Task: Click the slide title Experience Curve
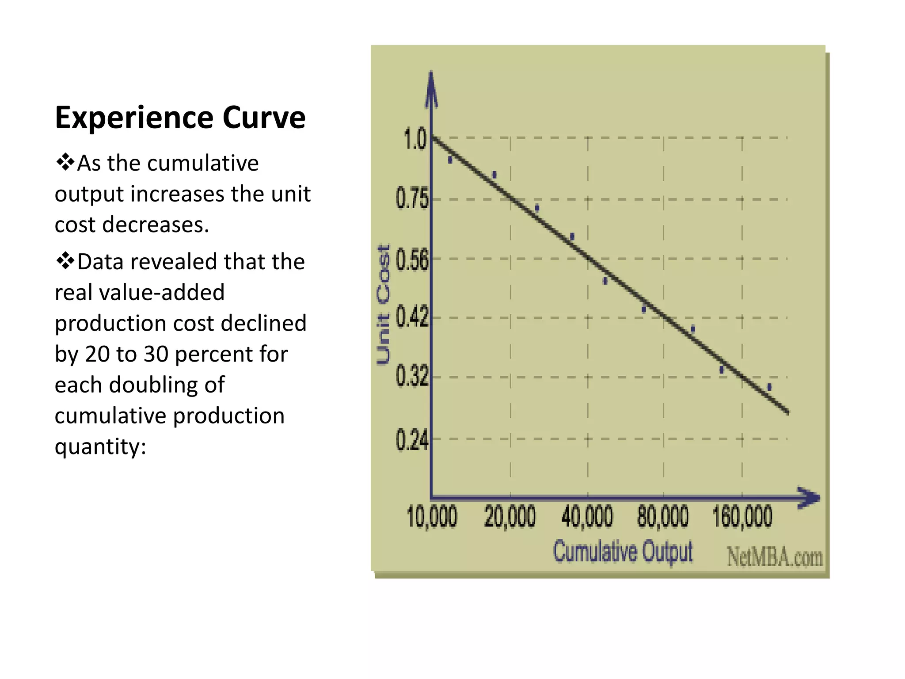180,118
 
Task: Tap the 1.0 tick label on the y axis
415,139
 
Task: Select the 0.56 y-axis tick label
412,259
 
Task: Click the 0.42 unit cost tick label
412,317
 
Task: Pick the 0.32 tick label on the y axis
412,376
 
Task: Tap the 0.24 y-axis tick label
412,440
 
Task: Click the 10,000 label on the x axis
432,517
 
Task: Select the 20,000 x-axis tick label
510,517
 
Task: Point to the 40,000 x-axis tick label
587,517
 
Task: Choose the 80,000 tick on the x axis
663,517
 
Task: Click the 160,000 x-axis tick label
742,517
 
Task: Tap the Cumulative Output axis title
623,552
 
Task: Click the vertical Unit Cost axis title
383,305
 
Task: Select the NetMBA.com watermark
775,557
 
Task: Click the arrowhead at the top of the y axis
431,86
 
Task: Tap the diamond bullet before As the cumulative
65,162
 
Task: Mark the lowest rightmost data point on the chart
769,387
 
